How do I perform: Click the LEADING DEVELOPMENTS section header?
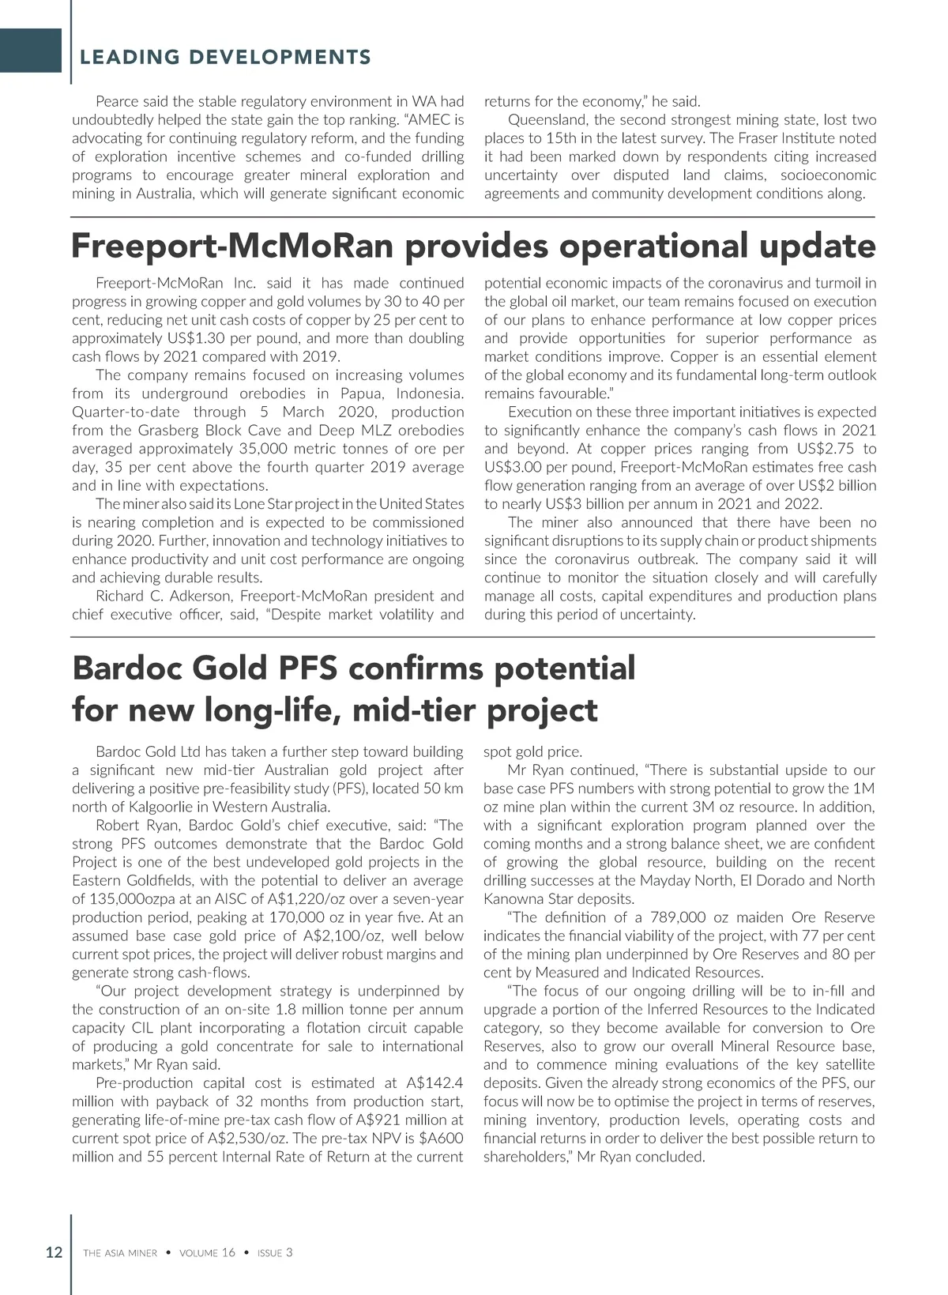225,57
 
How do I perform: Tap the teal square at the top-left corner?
31,51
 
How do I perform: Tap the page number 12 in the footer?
54,1252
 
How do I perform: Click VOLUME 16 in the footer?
207,1252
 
